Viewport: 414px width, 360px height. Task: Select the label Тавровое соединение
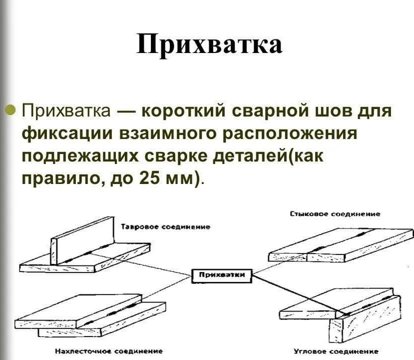tap(166, 226)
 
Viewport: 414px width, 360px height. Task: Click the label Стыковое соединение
tap(335, 213)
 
